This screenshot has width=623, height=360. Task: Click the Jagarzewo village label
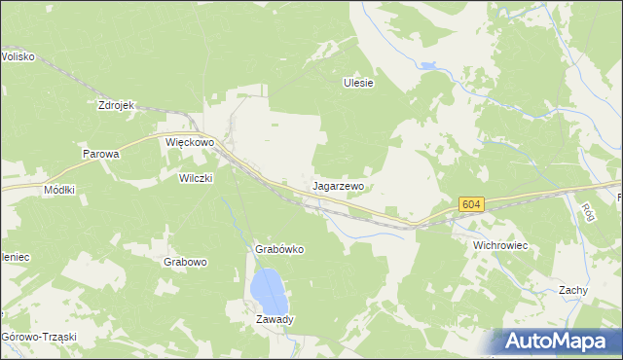[339, 185]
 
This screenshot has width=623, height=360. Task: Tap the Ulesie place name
[358, 83]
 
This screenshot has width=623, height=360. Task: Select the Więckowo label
[189, 142]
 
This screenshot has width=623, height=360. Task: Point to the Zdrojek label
[115, 105]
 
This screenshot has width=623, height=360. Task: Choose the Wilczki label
[196, 178]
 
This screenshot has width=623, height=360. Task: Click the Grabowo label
[185, 262]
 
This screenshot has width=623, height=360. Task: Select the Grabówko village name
[279, 249]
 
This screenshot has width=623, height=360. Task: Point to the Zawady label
[275, 319]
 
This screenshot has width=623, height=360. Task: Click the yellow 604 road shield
[471, 204]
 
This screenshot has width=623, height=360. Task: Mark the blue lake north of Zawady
[268, 289]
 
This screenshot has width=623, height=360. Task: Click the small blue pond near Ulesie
[427, 67]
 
